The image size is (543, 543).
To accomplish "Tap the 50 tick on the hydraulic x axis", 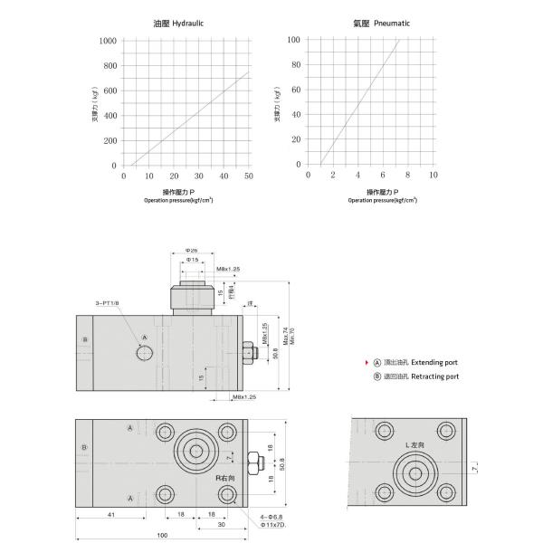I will tap(248, 175).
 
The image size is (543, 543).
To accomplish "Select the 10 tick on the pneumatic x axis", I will tap(433, 175).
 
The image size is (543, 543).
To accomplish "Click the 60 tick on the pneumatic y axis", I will tap(294, 90).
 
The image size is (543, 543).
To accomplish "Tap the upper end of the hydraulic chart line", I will tap(248, 72).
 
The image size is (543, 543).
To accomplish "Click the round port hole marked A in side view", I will tap(146, 352).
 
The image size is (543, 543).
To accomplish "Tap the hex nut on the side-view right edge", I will tap(247, 351).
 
